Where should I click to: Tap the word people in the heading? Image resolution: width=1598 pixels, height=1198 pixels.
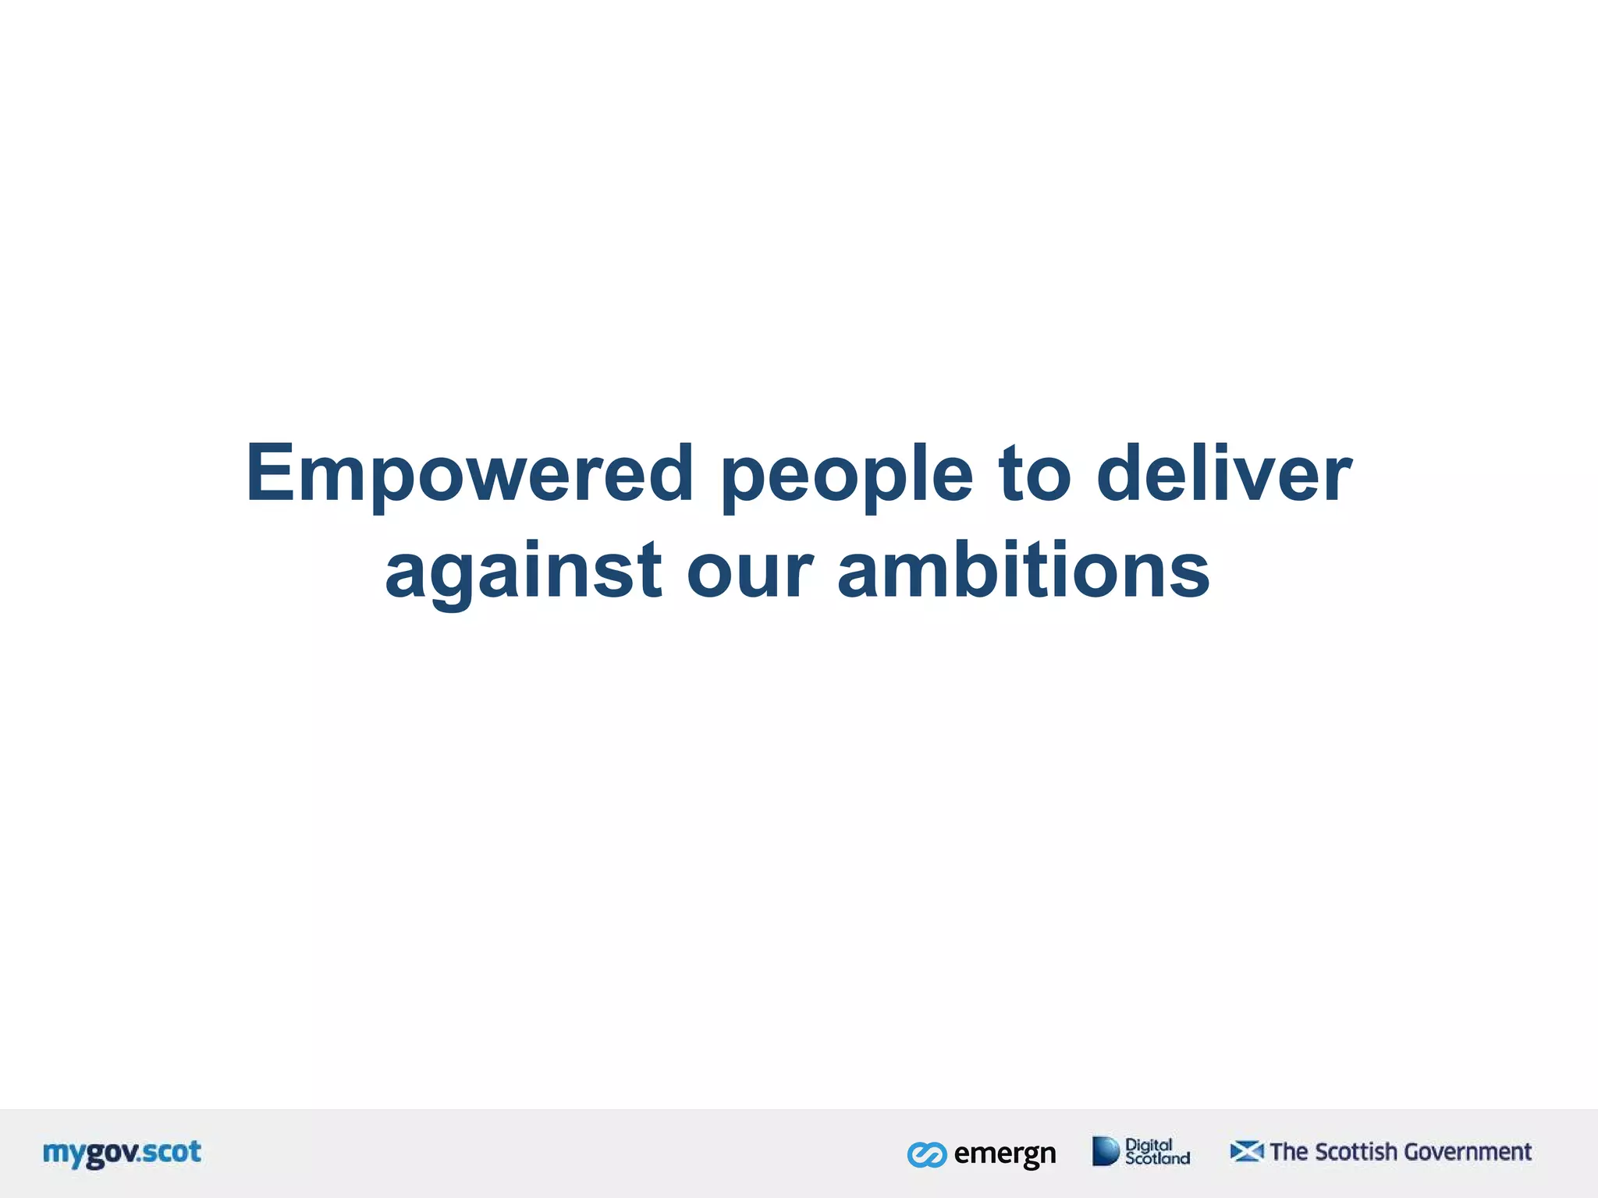click(847, 476)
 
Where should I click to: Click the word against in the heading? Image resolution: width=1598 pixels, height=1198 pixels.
click(524, 573)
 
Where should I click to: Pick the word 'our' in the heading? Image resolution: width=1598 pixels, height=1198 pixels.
click(750, 573)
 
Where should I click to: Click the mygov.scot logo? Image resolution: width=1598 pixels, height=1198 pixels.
click(123, 1153)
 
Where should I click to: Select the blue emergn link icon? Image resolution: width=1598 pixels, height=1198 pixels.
click(927, 1154)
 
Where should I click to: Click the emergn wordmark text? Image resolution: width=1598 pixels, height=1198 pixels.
click(1005, 1154)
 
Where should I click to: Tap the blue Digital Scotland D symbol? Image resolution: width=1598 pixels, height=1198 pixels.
click(1105, 1151)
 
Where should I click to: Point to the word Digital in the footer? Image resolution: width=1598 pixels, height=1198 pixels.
click(1149, 1145)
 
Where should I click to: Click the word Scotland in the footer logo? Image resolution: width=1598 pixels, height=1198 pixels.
click(1157, 1159)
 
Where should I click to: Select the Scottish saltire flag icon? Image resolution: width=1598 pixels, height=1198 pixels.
click(1246, 1151)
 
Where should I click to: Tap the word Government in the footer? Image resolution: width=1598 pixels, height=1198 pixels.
click(1468, 1152)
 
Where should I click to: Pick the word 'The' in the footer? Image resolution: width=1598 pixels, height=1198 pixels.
click(1289, 1152)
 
